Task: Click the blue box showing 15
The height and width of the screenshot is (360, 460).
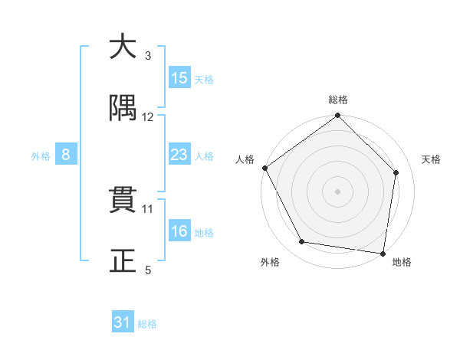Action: (179, 78)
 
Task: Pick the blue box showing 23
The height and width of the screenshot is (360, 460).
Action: (179, 155)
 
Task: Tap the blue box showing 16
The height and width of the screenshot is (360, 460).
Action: (179, 231)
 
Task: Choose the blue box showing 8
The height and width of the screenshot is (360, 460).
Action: (66, 155)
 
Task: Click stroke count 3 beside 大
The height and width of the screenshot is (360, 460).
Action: (148, 55)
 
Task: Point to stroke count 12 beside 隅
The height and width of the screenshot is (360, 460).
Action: (148, 116)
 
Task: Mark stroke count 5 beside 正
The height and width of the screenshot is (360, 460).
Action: (148, 270)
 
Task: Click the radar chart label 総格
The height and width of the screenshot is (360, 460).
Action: (338, 100)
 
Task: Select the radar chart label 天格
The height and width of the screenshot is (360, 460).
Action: (431, 159)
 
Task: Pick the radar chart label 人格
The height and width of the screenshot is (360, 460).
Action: (245, 159)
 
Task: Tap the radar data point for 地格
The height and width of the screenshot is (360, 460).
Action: (383, 253)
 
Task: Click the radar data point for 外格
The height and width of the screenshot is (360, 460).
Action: (302, 243)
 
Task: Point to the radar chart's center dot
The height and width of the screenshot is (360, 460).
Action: (338, 191)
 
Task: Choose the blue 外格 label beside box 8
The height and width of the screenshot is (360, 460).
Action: (41, 155)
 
